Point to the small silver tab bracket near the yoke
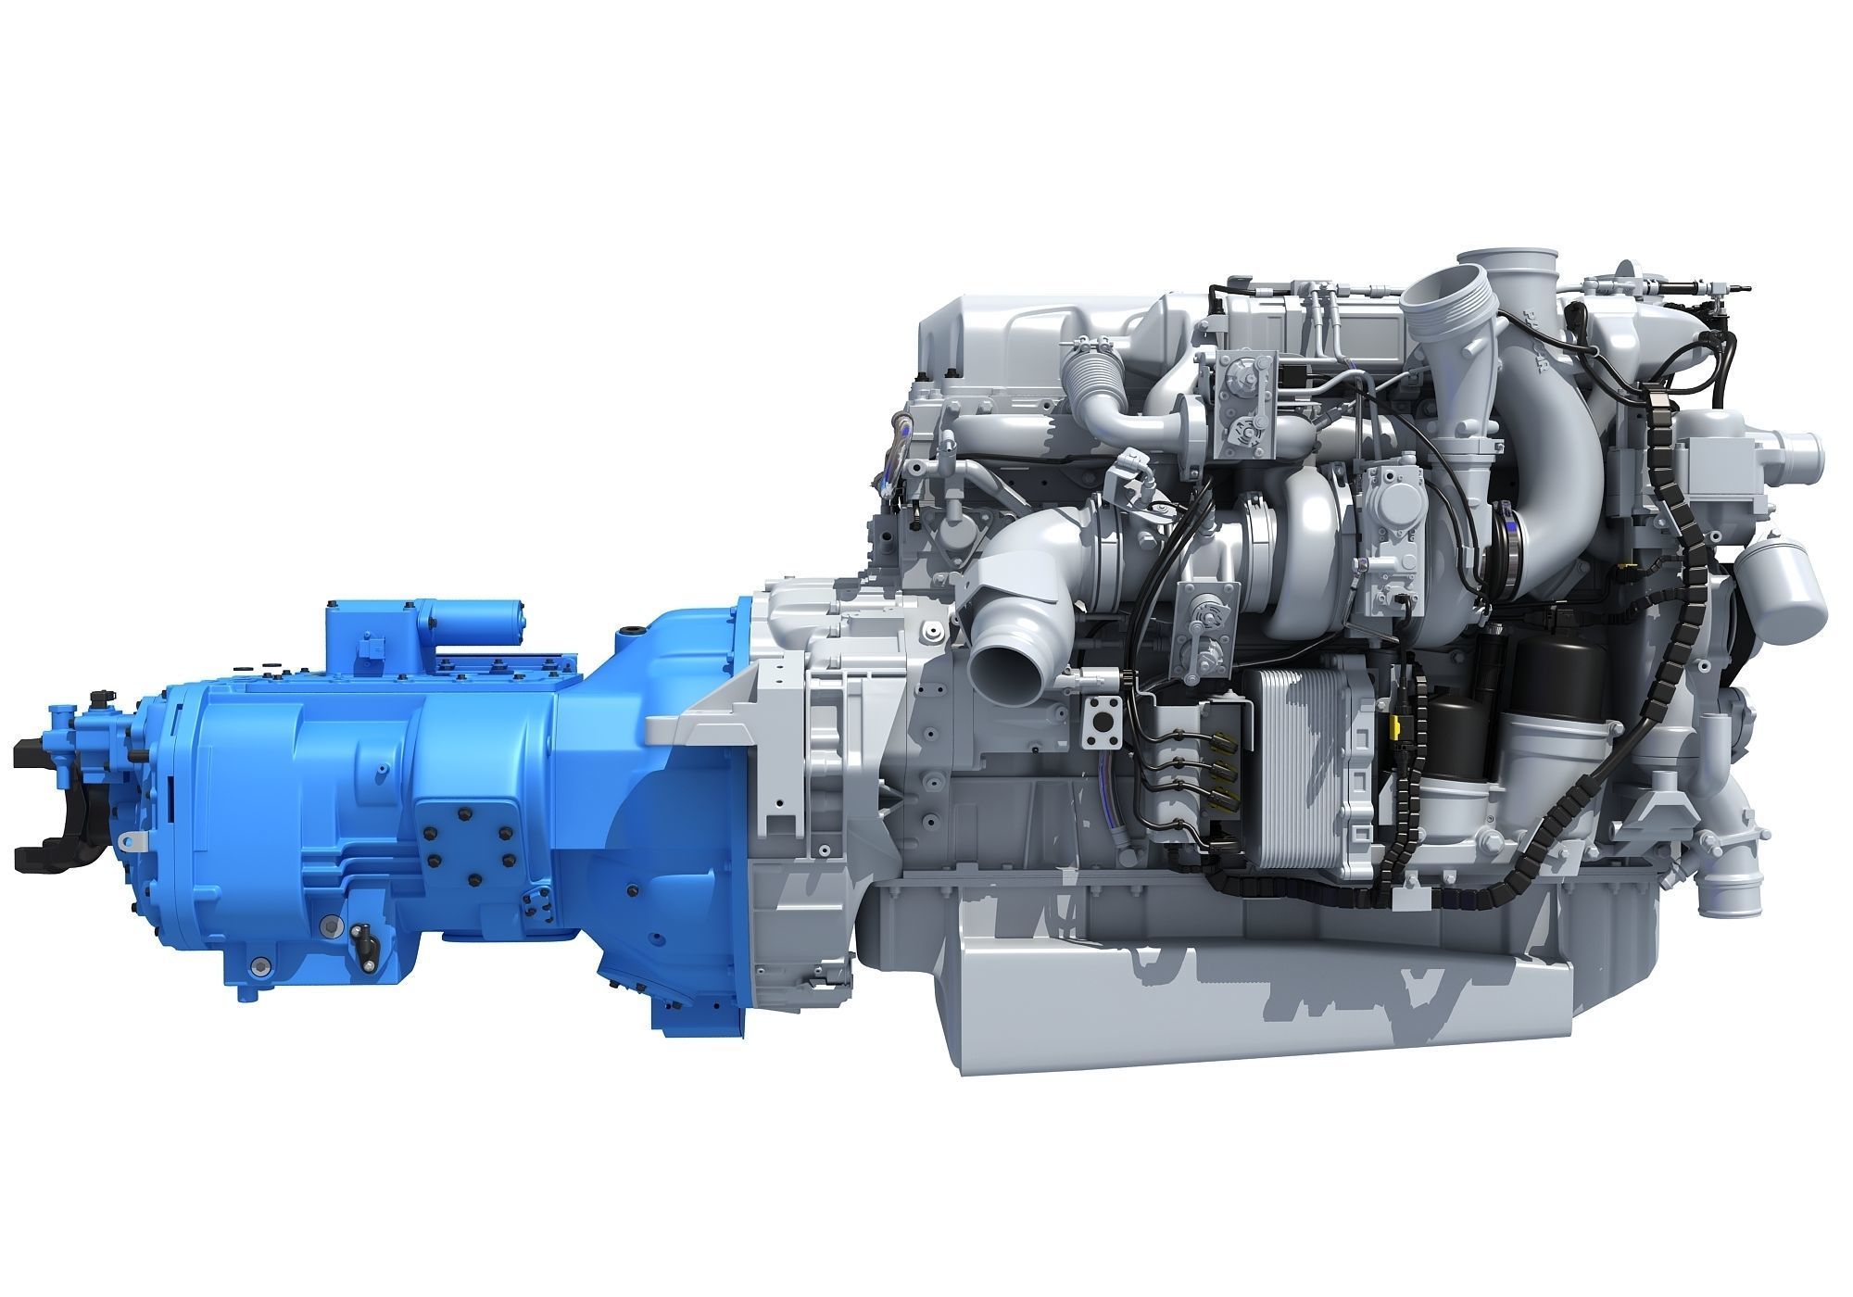pos(133,839)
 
